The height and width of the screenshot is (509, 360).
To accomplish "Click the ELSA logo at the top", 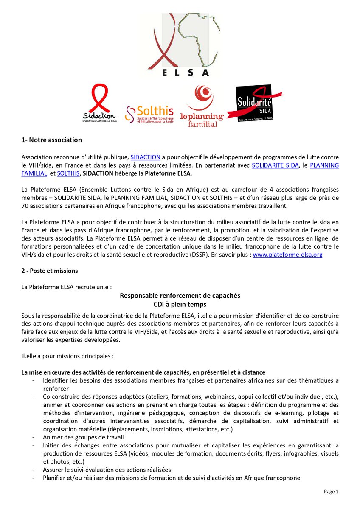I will [x=180, y=45].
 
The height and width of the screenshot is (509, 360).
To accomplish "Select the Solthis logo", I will [x=149, y=113].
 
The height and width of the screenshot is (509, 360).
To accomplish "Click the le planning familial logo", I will [x=202, y=106].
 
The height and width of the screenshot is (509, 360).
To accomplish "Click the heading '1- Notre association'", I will [x=52, y=140].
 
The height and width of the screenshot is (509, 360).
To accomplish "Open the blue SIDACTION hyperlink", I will [x=145, y=157].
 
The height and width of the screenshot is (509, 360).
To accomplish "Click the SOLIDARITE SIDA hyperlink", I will [x=275, y=165].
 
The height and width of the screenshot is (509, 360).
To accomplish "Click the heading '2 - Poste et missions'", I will [x=50, y=271].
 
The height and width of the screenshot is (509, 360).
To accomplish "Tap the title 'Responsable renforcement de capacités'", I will [x=180, y=296].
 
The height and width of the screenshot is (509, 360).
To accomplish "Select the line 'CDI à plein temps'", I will [x=180, y=304].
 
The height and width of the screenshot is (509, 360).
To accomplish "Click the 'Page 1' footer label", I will [x=332, y=492].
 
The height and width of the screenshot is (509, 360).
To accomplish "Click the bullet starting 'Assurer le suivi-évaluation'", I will [x=107, y=470].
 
